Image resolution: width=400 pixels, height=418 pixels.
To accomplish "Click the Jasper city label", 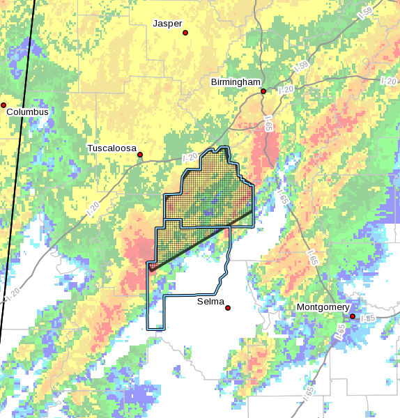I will coord(167,24).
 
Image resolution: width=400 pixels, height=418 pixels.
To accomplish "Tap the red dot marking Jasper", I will coord(185,33).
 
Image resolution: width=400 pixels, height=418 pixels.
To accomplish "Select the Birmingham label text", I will coord(236,82).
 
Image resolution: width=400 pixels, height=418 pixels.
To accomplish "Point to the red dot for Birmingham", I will coord(263,91).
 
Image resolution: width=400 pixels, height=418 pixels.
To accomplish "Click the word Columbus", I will coord(28,111).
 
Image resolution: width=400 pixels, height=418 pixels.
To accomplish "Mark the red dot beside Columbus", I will coord(3,105).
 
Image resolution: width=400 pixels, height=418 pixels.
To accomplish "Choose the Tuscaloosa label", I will coord(111,148).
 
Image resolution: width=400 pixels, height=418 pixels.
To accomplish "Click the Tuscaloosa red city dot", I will coord(140,155).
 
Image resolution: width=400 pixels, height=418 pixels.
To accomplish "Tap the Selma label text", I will coord(210,301).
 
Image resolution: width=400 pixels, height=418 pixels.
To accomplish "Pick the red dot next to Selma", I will coord(228,308).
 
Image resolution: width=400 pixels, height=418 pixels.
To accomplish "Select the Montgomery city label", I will coord(323,307).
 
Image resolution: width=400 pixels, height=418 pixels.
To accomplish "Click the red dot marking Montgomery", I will coord(353,316).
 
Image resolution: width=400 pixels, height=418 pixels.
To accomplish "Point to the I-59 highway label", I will coord(302,68).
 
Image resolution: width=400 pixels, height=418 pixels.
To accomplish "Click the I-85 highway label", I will coord(369,318).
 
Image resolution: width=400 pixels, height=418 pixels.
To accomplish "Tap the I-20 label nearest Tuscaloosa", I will coord(190,157).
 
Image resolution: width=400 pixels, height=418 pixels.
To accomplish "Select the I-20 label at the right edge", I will coord(389,82).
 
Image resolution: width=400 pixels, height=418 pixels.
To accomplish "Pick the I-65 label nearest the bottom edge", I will coord(309,394).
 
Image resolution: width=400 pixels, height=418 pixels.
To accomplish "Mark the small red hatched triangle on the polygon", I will coord(153,266).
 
